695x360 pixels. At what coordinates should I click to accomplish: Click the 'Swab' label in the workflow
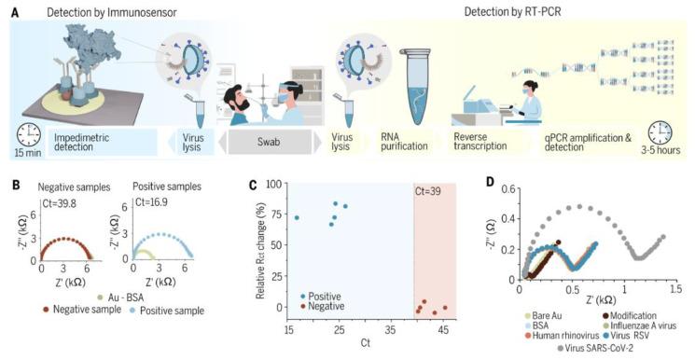[x=270, y=146]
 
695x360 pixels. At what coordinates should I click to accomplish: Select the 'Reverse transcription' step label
[x=478, y=146]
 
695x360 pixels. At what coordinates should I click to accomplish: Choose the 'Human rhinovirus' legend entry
[x=561, y=337]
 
